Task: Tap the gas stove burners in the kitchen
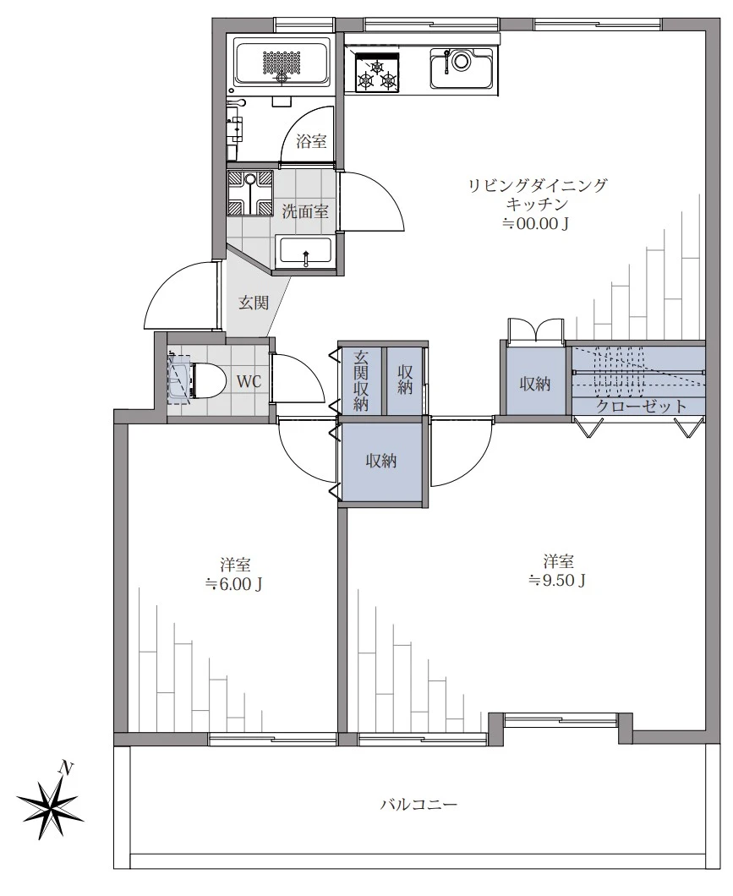[377, 73]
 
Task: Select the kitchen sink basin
[462, 68]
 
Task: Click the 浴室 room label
[311, 140]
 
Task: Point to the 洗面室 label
[306, 211]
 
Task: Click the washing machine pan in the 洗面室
[250, 193]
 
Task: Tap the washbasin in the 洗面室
[305, 251]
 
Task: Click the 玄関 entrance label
[253, 302]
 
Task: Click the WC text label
[249, 381]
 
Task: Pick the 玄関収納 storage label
[361, 380]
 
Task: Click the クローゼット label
[641, 407]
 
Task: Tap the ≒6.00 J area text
[234, 584]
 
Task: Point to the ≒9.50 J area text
[557, 580]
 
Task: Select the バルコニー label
[419, 806]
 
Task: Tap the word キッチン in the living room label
[537, 204]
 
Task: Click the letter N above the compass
[67, 768]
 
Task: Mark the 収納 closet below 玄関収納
[381, 461]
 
